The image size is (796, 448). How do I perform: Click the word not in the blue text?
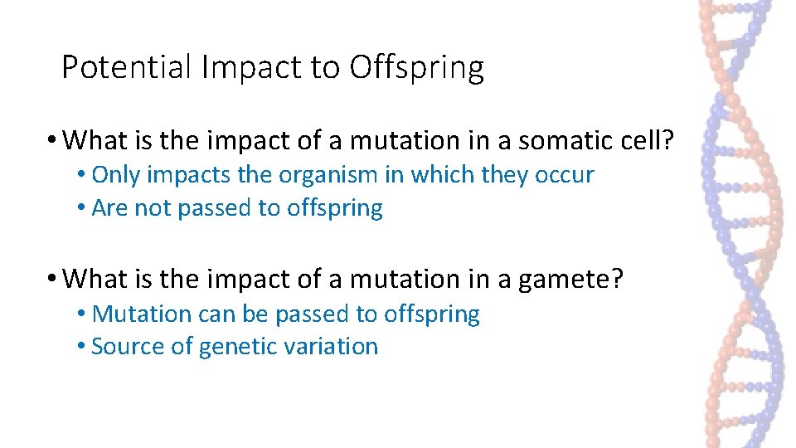[x=151, y=208]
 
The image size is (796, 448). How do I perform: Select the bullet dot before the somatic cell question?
[x=52, y=142]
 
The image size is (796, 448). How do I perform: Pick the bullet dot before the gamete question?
[x=52, y=280]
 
